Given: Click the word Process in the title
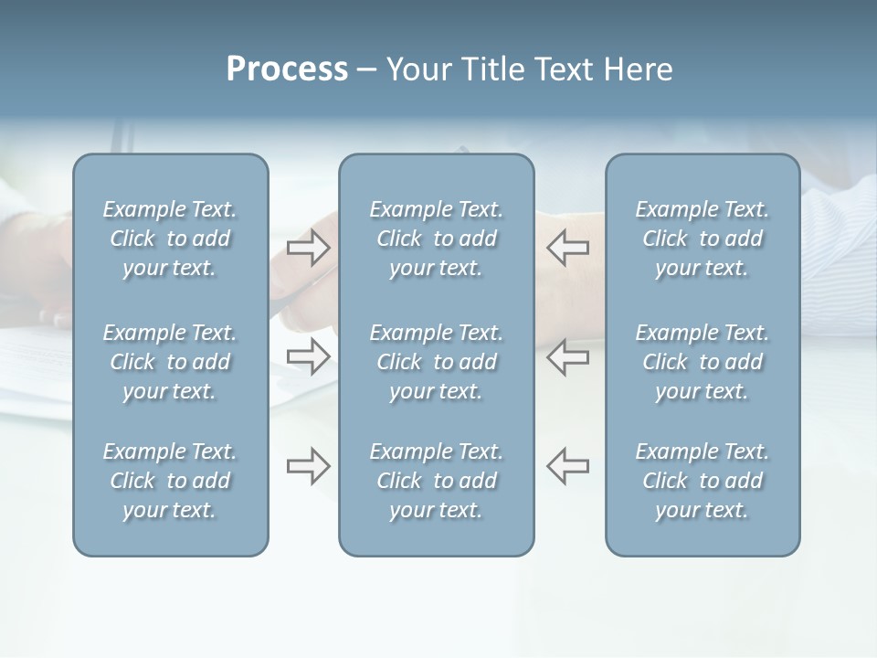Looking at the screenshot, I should coord(287,69).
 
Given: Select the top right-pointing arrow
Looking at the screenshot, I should coord(309,248).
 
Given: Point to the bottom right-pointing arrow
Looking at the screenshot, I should coord(309,465).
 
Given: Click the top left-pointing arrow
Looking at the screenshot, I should coord(567,248).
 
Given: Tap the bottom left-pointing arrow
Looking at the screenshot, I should coord(567,465).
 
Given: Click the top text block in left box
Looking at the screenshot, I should coord(170,239).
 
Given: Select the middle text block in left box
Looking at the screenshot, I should coord(170,362).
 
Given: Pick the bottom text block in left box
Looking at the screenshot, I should coord(170,481).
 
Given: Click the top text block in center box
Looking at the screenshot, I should coord(436,239).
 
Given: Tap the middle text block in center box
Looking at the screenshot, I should coord(436,362).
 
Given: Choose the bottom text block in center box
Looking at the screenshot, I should coord(436,481).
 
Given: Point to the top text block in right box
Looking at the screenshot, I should coord(703,239).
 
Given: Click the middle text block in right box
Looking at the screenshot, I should coord(703,362).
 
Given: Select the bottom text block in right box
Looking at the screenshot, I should coord(703,481).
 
